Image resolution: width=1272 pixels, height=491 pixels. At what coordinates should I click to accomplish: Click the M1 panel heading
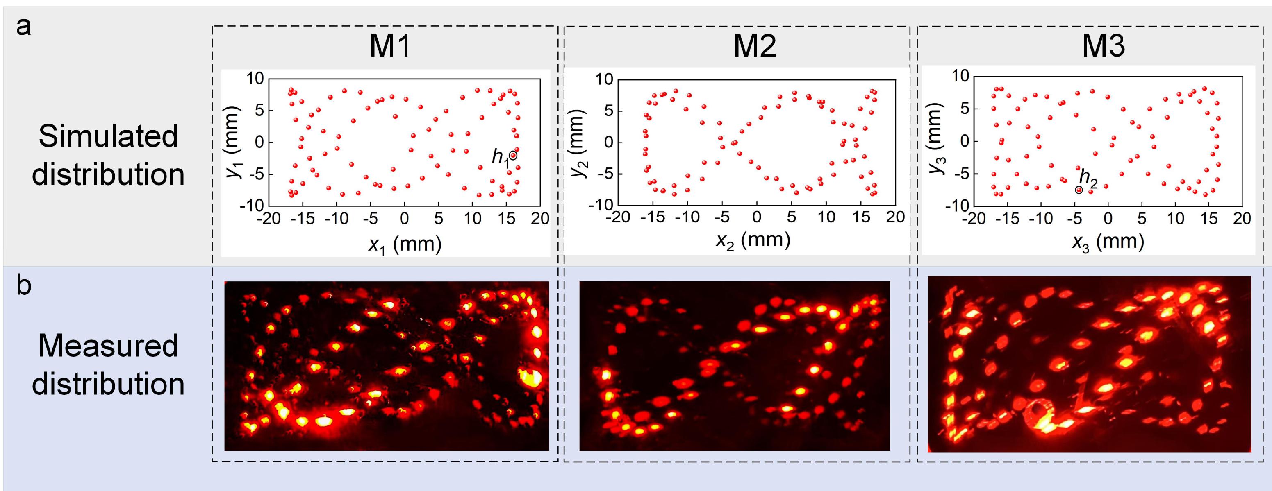[x=390, y=48]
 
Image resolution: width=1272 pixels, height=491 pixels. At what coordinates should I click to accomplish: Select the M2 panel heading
[x=755, y=48]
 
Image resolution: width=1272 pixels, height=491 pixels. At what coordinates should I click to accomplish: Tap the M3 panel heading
[x=1103, y=48]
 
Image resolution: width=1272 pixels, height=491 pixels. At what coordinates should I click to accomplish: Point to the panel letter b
[x=24, y=286]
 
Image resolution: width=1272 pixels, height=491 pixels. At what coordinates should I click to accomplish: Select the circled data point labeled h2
[x=1079, y=190]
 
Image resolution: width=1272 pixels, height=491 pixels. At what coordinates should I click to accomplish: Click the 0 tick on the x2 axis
[x=756, y=217]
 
